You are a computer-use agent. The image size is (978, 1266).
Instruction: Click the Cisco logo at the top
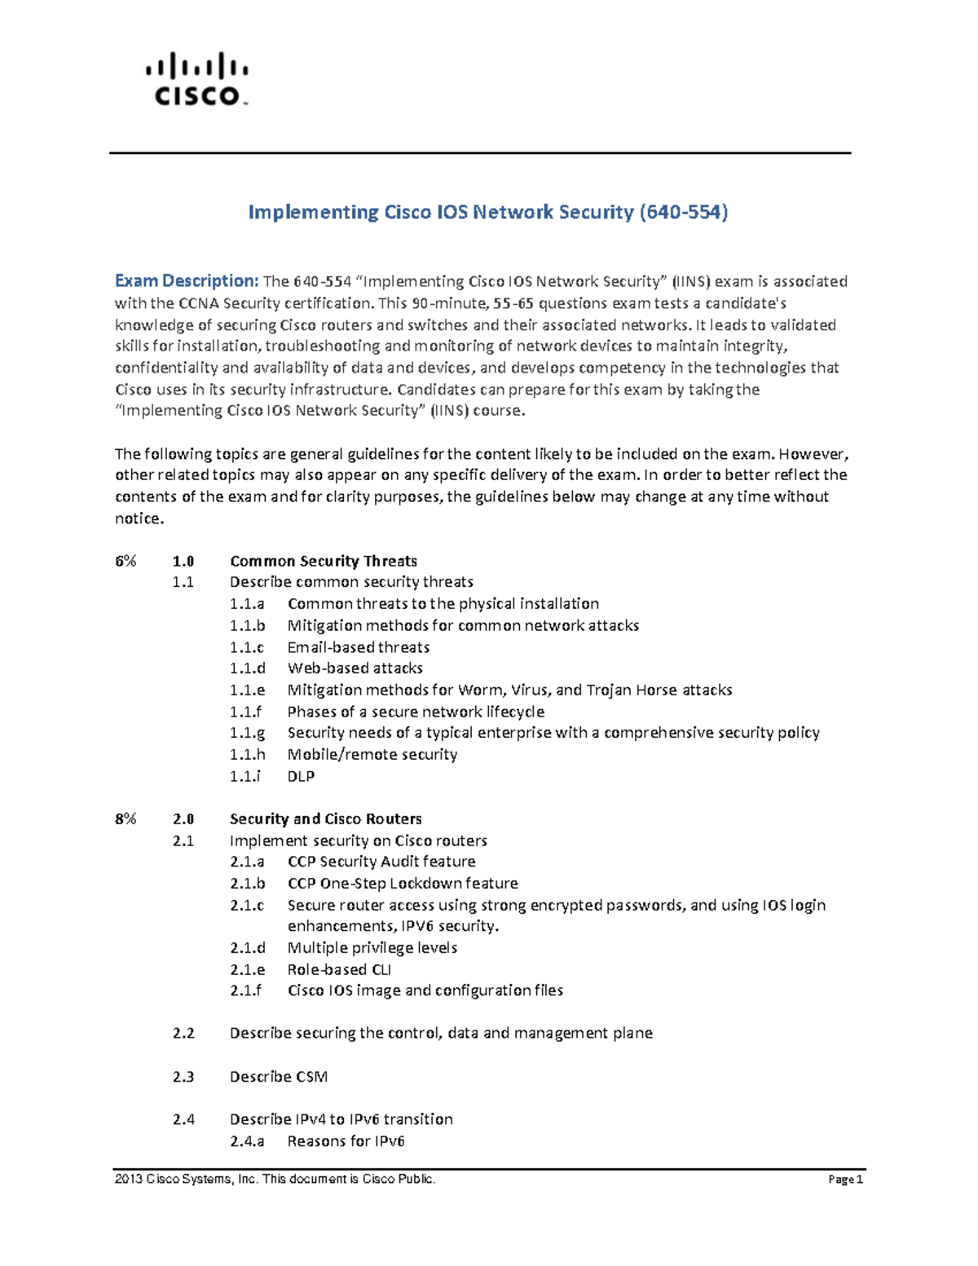[x=197, y=80]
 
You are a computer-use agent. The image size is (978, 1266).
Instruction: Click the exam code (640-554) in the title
[x=684, y=212]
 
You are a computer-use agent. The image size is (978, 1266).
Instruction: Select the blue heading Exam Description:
[x=187, y=281]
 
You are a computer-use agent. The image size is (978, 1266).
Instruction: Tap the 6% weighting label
[x=126, y=561]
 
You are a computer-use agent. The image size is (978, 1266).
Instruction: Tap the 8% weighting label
[x=126, y=818]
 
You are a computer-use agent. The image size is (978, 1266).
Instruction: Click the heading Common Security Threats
[x=323, y=561]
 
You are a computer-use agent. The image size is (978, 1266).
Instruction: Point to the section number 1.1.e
[x=247, y=690]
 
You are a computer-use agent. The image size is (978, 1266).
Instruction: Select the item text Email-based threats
[x=358, y=647]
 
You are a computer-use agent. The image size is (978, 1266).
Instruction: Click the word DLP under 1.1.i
[x=301, y=776]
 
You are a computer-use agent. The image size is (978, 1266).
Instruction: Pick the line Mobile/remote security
[x=372, y=754]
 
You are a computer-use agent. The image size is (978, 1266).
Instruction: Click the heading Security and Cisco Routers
[x=325, y=818]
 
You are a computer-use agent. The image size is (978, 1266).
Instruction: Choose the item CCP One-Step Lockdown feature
[x=402, y=883]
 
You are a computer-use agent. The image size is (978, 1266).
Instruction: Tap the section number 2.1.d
[x=247, y=947]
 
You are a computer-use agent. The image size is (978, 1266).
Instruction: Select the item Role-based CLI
[x=339, y=969]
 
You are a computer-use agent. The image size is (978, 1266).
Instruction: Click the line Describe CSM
[x=278, y=1076]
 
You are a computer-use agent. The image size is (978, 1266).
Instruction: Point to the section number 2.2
[x=183, y=1033]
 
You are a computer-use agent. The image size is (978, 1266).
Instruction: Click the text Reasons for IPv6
[x=346, y=1140]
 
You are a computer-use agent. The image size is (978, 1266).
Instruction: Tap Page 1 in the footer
[x=845, y=1180]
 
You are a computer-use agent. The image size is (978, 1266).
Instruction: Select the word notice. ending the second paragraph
[x=139, y=518]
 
